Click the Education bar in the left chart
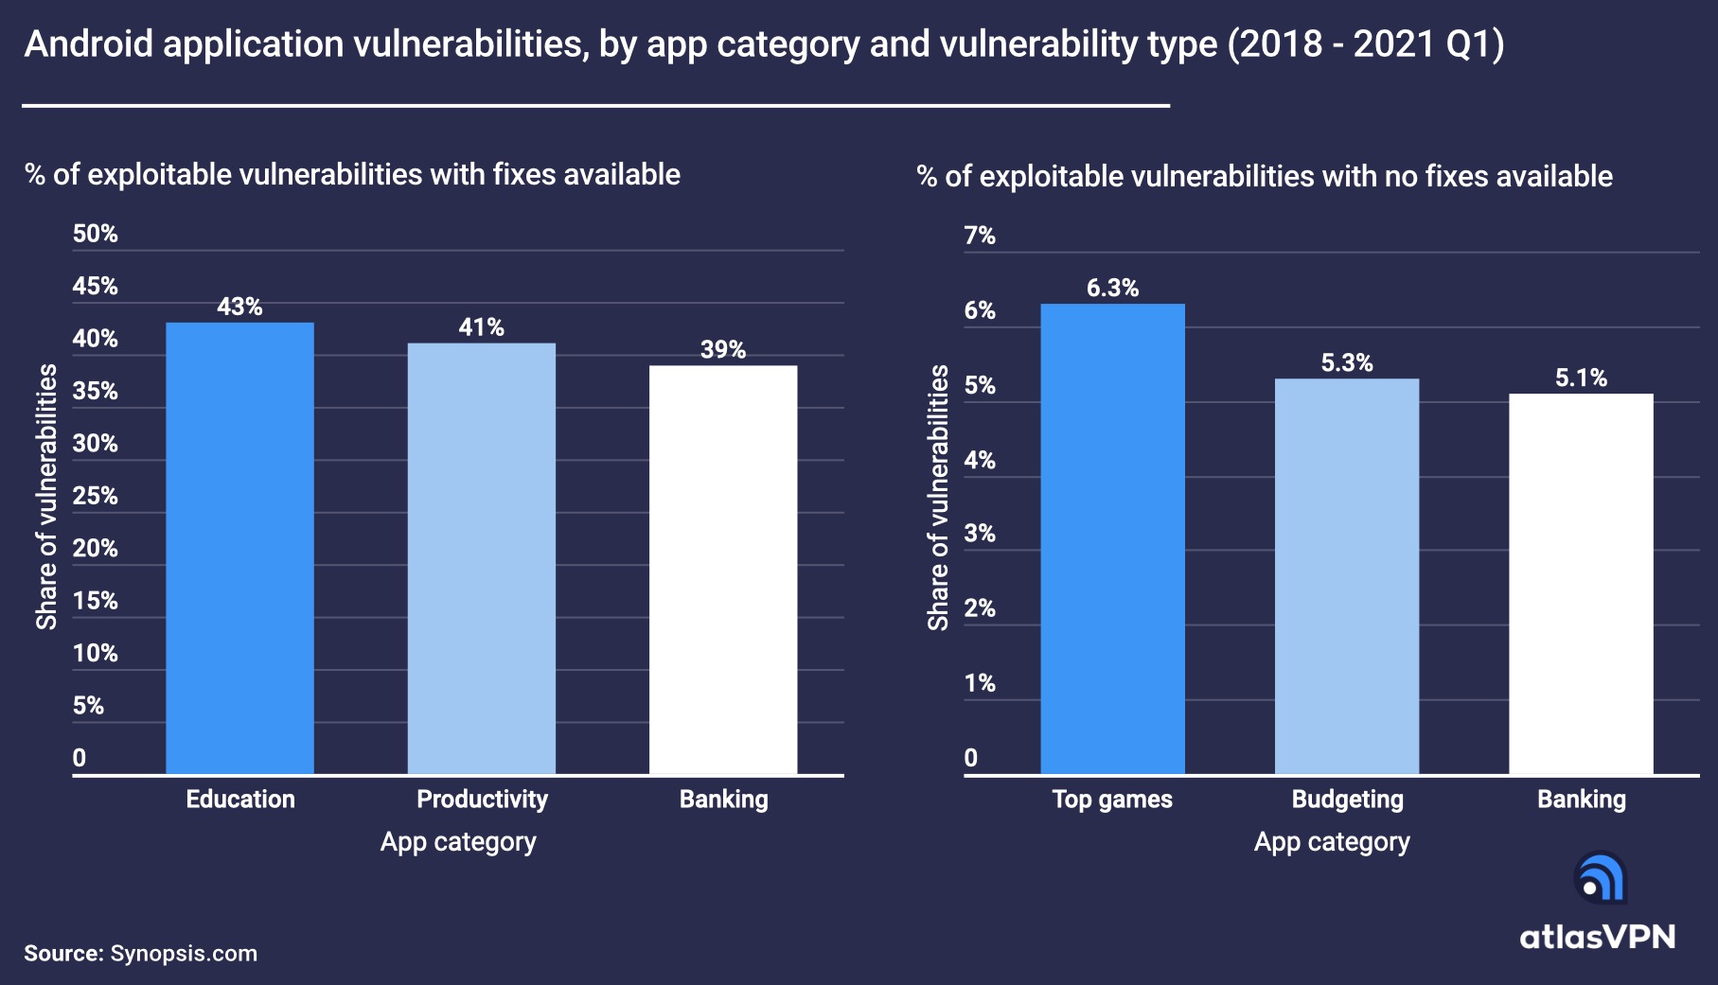239,549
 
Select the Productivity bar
481,558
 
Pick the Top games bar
1112,539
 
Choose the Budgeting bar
1346,577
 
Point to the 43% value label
239,307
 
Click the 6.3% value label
1112,288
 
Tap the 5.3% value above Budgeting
1346,362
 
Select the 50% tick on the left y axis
96,234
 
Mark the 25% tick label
96,496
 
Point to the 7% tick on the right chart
980,236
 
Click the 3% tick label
980,534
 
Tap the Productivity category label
482,800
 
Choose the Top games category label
1112,800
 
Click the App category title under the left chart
458,842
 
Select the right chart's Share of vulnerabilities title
938,498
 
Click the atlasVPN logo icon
1600,878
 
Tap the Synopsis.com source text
184,953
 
